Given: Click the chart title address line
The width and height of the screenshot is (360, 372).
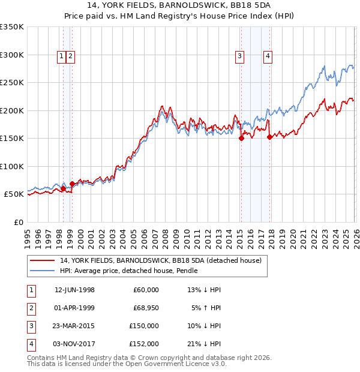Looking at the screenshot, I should click(180, 6).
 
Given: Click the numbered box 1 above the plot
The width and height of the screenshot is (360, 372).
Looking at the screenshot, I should click(62, 56).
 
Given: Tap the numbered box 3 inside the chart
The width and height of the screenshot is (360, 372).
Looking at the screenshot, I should click(239, 56).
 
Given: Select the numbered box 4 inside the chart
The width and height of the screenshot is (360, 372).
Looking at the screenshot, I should click(268, 56).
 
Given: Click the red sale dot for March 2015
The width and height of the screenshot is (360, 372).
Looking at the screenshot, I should click(241, 138).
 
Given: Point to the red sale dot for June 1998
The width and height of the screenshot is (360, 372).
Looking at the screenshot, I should click(63, 188).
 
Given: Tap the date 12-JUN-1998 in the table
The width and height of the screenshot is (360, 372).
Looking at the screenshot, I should click(74, 290).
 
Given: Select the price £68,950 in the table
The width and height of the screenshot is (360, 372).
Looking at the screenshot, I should click(142, 308).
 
